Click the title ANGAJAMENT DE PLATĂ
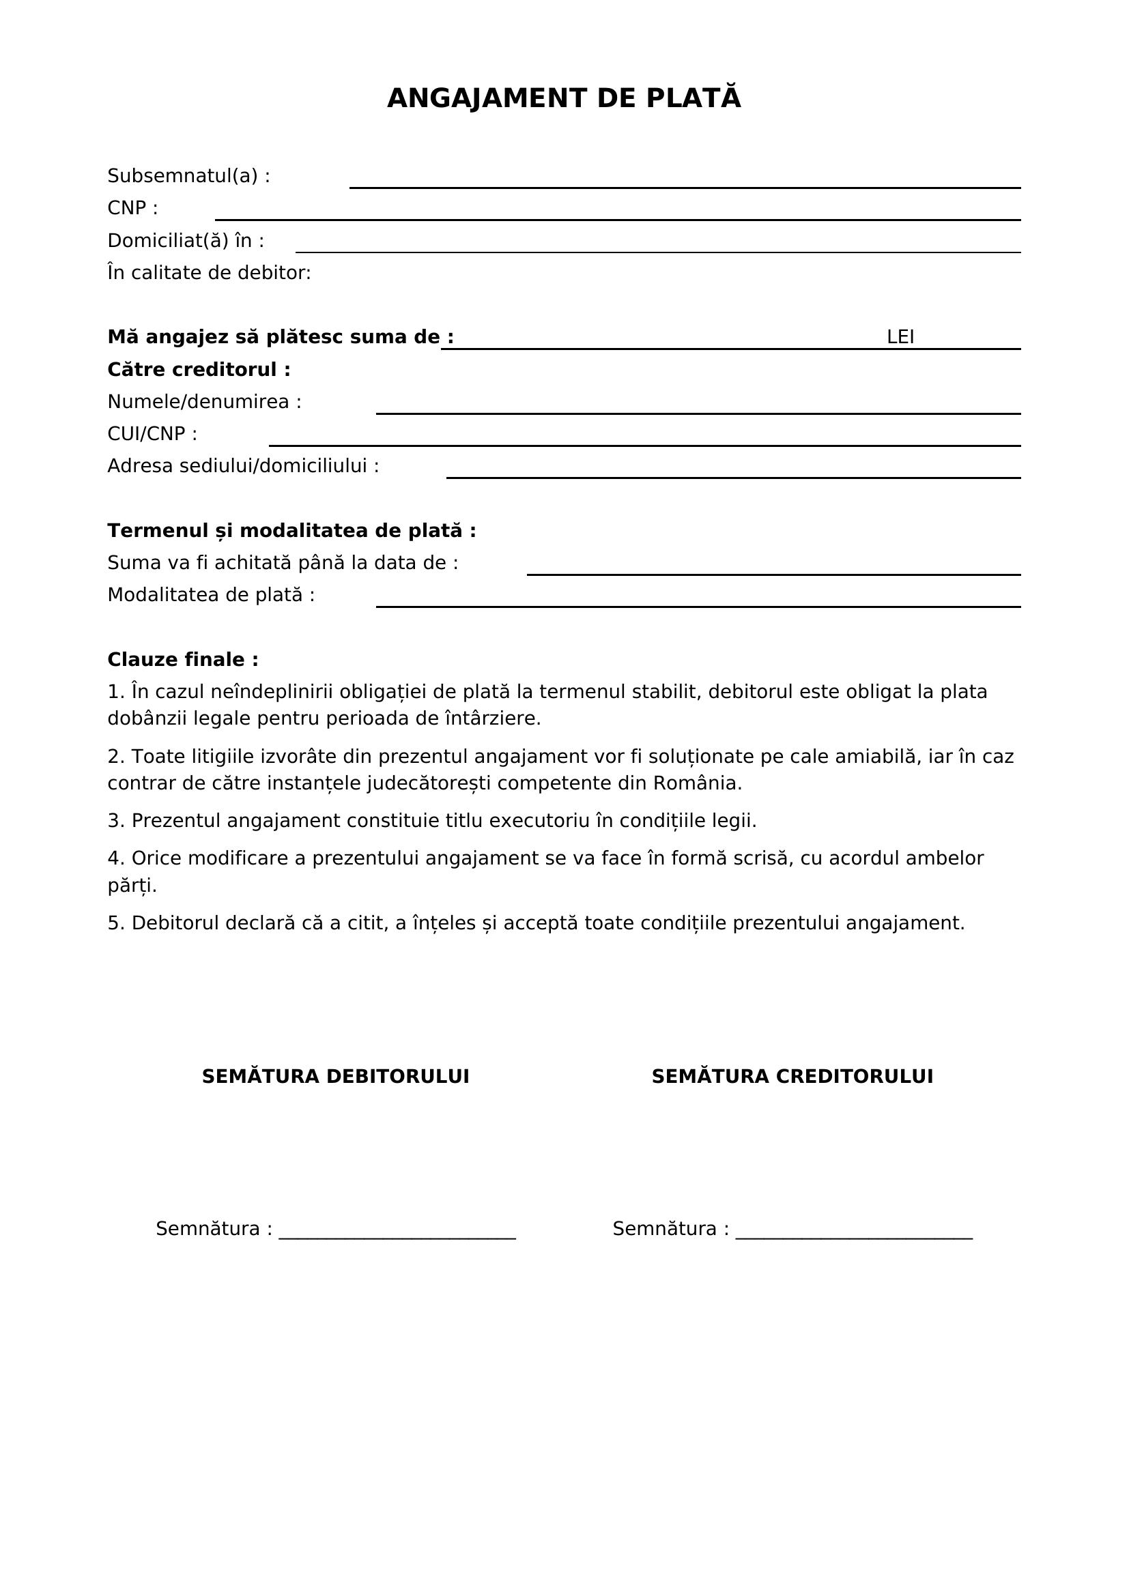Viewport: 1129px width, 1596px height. click(564, 98)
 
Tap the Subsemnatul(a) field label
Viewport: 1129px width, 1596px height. click(188, 176)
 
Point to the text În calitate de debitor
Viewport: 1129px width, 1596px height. click(209, 272)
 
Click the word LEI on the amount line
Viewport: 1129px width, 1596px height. click(900, 337)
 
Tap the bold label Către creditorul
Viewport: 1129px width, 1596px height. click(199, 369)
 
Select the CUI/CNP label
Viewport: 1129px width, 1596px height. click(152, 434)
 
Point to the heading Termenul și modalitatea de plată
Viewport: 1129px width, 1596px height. click(291, 530)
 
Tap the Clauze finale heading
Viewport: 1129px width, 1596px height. click(183, 659)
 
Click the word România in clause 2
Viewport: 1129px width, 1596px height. click(697, 783)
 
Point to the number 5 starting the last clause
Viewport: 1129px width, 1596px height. click(115, 923)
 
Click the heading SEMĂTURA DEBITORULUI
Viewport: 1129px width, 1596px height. click(335, 1076)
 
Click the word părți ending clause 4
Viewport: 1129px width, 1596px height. click(132, 886)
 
